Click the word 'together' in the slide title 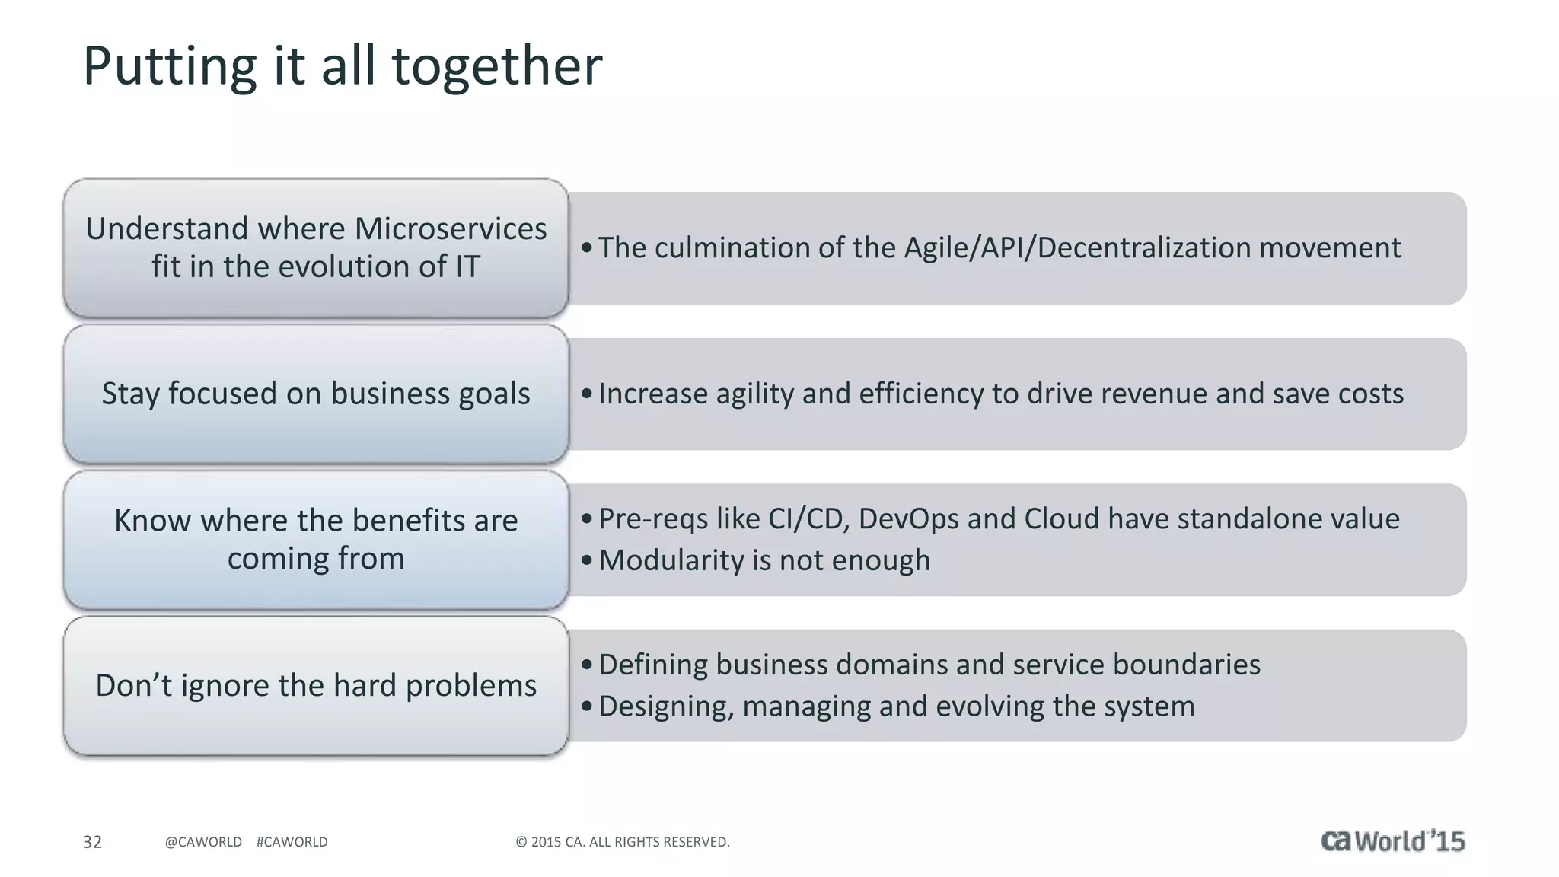[x=496, y=66]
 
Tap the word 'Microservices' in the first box [x=450, y=228]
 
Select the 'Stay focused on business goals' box [x=316, y=394]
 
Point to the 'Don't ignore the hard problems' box [x=316, y=685]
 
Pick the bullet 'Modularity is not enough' [x=764, y=560]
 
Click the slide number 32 [x=92, y=842]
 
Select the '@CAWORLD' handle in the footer [x=203, y=842]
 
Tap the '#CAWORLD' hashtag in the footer [x=292, y=842]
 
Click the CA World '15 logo [x=1392, y=840]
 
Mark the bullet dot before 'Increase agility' [x=586, y=394]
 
